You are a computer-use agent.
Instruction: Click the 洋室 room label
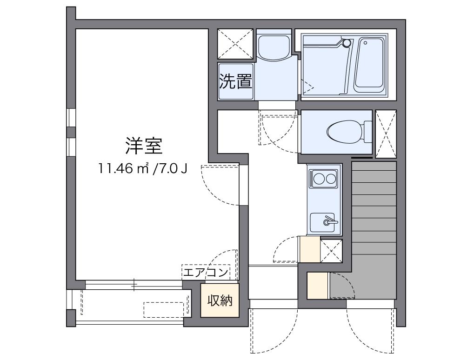(143, 146)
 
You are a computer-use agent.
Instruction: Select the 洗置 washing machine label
(236, 81)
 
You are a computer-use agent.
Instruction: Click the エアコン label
(206, 272)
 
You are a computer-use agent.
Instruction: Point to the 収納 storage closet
(220, 301)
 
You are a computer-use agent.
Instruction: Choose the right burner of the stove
(330, 178)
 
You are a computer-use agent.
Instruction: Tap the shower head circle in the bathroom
(347, 43)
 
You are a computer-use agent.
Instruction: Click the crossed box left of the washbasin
(235, 44)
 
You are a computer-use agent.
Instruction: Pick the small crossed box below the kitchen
(331, 251)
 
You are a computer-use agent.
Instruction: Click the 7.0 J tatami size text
(174, 168)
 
